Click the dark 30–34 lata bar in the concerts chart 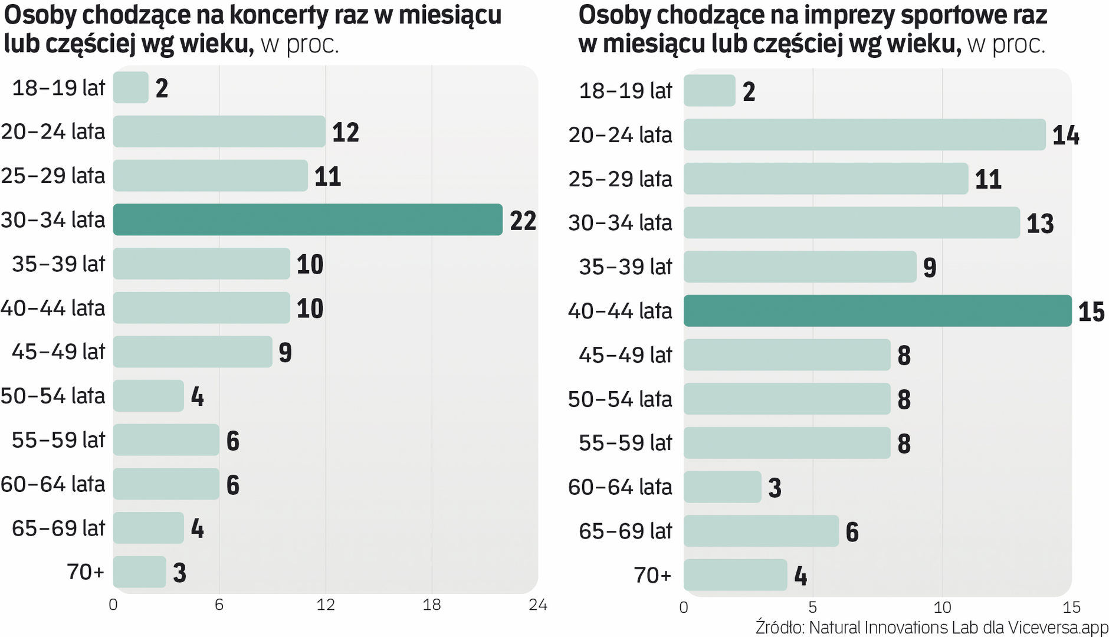coord(307,219)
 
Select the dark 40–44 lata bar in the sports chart coord(877,311)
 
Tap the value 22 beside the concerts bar coord(523,221)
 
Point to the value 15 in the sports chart coord(1091,312)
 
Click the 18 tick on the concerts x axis coord(432,605)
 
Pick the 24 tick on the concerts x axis coord(537,605)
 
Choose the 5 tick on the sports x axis coord(812,607)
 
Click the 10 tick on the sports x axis coord(941,607)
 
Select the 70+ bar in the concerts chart coord(140,572)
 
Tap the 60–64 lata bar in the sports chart coord(723,487)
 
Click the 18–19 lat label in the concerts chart coord(58,88)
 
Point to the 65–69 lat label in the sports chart coord(625,531)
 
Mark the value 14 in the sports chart coord(1065,136)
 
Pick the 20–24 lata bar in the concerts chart coord(219,132)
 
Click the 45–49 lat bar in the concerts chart coord(192,352)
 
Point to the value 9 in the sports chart coord(929,268)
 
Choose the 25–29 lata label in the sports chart coord(619,179)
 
